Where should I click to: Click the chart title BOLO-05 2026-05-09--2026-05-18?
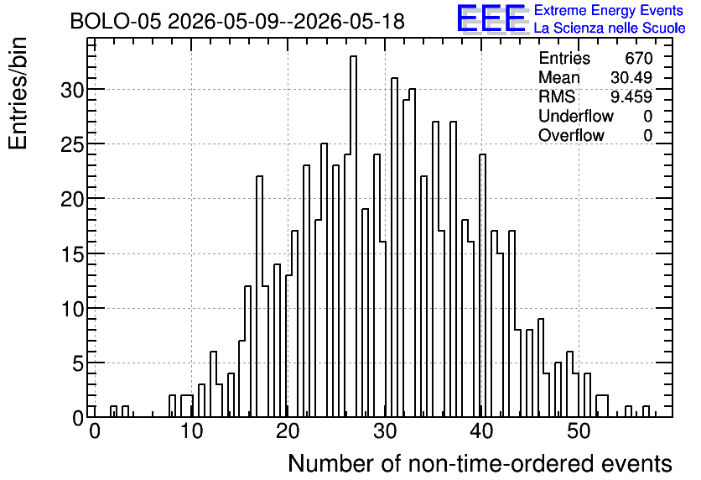(x=237, y=22)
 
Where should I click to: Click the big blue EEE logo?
(x=491, y=18)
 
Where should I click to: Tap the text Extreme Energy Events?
(x=609, y=10)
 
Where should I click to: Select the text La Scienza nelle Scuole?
(x=610, y=28)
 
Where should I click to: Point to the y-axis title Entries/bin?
(x=18, y=93)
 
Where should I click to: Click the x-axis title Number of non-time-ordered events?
(x=480, y=463)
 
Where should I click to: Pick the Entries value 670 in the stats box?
(x=638, y=58)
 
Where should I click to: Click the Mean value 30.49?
(x=631, y=77)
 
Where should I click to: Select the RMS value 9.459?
(x=631, y=97)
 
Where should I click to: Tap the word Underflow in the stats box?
(x=576, y=116)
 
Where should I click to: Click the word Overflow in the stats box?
(x=571, y=135)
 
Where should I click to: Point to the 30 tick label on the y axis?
(x=72, y=90)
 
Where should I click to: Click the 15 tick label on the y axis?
(x=72, y=254)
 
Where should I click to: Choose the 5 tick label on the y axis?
(x=78, y=363)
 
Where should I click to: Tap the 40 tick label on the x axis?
(x=481, y=431)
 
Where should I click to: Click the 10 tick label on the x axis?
(x=191, y=431)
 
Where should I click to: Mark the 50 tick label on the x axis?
(x=579, y=431)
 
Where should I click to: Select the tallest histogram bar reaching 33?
(x=353, y=236)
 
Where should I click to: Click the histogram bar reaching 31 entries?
(x=394, y=248)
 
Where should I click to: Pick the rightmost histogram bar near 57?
(x=646, y=411)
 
